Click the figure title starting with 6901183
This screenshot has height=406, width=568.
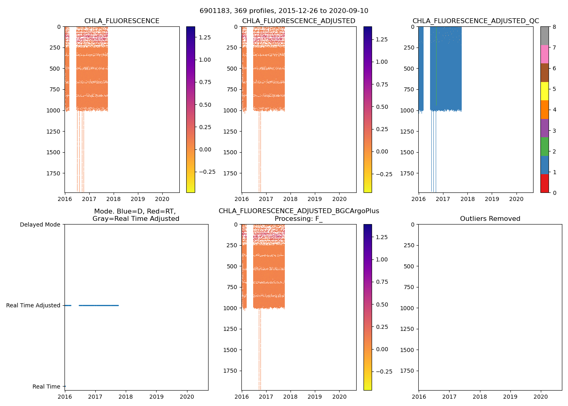(x=284, y=11)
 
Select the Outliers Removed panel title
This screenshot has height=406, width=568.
(x=490, y=219)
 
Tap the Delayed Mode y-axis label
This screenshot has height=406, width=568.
(x=40, y=225)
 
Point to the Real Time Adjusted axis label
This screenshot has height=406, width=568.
(x=33, y=305)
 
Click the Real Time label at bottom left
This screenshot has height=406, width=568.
(x=46, y=387)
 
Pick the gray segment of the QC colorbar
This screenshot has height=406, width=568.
(x=544, y=36)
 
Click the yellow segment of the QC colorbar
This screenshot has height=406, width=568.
(x=544, y=91)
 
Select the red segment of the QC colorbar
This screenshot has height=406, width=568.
(x=544, y=184)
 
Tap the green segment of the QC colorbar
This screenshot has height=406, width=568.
(x=544, y=147)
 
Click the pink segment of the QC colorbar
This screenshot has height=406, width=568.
(x=544, y=54)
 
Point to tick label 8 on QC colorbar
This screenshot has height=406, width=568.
(x=554, y=27)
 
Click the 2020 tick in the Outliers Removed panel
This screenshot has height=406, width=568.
(x=540, y=397)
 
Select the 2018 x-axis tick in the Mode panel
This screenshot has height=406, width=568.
(x=126, y=397)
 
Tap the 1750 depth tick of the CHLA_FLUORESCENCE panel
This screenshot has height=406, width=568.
(x=53, y=173)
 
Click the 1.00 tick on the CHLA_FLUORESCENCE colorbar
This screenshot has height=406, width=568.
(x=204, y=60)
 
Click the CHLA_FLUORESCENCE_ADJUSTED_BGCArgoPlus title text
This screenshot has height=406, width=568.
(x=299, y=211)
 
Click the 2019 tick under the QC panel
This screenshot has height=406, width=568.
(x=492, y=199)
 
